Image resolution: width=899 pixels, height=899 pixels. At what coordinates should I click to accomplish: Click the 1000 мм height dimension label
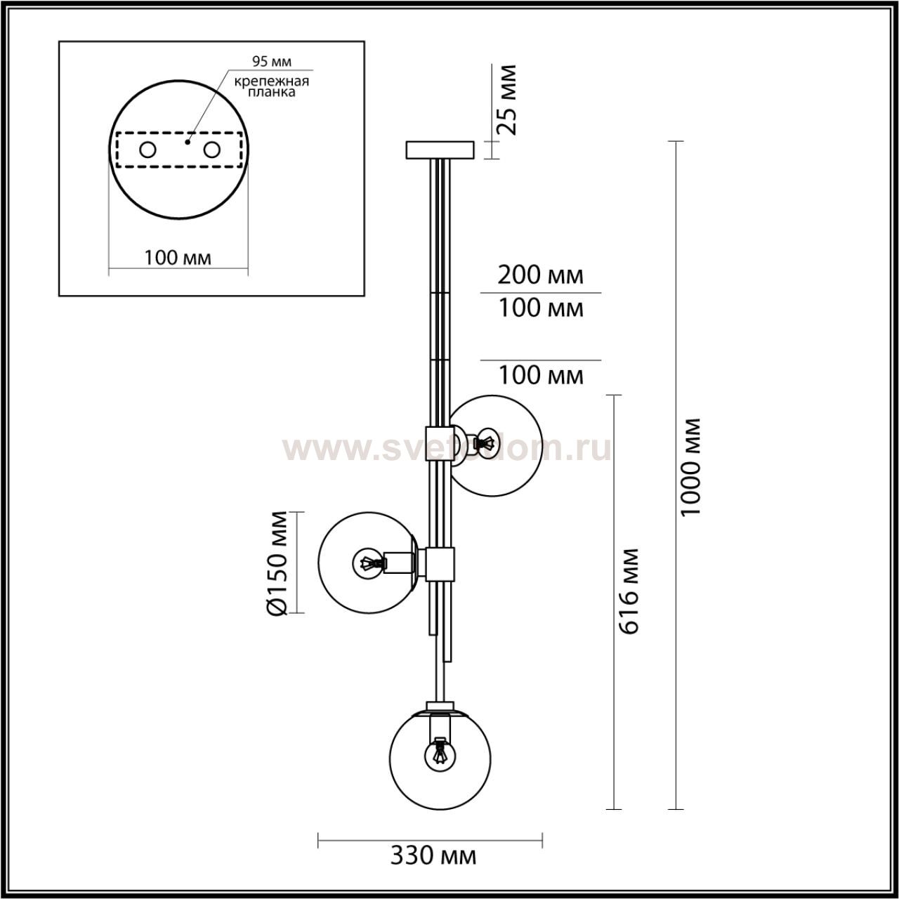pos(690,467)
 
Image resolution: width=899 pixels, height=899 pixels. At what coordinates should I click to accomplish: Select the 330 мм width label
pos(433,856)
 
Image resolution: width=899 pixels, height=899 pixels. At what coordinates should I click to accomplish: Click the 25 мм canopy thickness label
pos(506,100)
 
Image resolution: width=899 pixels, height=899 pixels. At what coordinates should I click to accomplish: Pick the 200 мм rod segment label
pos(540,275)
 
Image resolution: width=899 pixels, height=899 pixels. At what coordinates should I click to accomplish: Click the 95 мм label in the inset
pos(272,61)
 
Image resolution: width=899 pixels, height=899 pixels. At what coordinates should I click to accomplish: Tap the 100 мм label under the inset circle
pos(178,257)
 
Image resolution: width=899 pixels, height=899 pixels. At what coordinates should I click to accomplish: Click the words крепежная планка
pos(272,86)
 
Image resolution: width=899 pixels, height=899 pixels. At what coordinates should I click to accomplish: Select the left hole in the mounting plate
pos(148,150)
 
